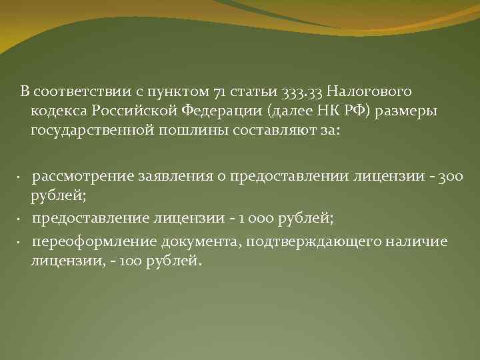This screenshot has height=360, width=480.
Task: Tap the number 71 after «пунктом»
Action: click(221, 91)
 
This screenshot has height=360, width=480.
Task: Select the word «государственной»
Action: click(92, 130)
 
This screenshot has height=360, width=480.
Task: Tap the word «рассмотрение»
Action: click(83, 177)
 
